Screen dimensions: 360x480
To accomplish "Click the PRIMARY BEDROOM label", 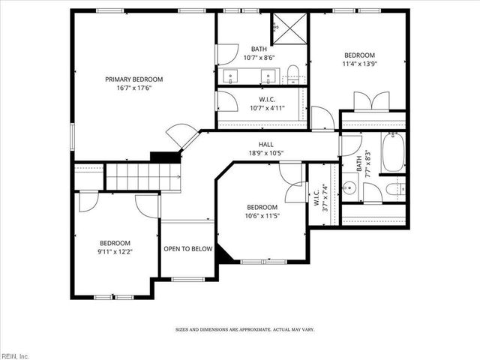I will coord(133,79).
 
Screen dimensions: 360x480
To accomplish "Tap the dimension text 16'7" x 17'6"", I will coord(133,88).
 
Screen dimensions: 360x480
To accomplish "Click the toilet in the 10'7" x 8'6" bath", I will coord(292,73).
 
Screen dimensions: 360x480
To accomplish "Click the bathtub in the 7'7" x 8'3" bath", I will coord(394,152).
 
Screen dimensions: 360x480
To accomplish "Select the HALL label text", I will coord(266,145).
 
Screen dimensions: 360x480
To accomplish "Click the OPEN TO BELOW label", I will coord(188,249).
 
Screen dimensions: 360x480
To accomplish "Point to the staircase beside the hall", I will coord(142,178).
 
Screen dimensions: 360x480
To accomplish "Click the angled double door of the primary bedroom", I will coord(181,136).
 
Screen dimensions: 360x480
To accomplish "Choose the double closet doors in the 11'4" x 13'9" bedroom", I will coord(371,100).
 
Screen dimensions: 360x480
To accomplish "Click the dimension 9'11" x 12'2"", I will coord(115,252).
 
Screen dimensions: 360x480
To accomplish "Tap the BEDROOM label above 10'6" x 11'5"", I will coord(262,208).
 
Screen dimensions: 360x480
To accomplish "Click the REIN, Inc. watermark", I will coord(15,355).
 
